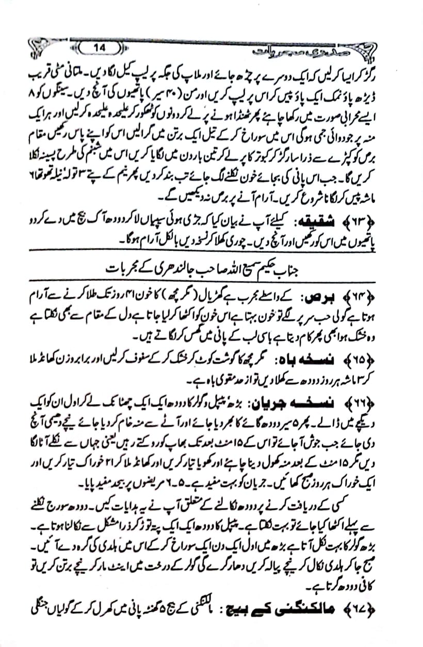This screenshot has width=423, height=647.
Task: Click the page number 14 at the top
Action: click(100, 48)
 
